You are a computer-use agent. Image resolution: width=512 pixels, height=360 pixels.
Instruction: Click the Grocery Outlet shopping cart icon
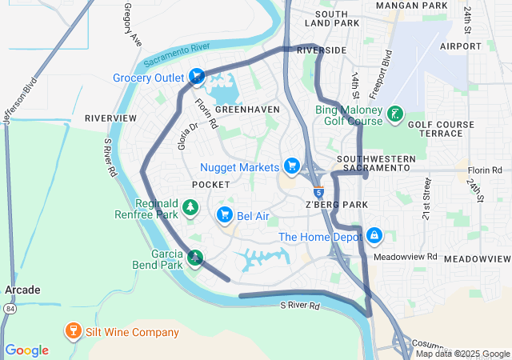pos(197,78)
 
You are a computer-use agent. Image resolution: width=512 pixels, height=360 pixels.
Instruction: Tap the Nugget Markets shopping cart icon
pos(293,166)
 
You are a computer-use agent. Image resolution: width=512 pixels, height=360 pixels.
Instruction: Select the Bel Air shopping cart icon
pos(225,215)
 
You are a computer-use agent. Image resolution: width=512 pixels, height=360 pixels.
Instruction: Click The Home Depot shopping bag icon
pos(374,237)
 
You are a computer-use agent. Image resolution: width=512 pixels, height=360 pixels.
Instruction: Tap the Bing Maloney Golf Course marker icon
pos(394,115)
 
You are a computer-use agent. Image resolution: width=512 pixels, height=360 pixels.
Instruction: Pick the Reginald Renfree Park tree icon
pos(190,209)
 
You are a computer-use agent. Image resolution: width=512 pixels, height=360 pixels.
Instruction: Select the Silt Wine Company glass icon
pos(73,332)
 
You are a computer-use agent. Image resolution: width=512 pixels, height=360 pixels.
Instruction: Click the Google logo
pos(26,350)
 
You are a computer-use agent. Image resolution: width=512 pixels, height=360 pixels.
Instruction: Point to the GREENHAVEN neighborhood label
pos(247,109)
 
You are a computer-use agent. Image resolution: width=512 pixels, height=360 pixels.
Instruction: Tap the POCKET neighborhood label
pos(211,185)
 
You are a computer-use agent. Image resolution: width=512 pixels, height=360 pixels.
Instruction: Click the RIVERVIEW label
pos(110,118)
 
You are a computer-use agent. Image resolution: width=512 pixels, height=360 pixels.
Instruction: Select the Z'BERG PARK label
pos(336,205)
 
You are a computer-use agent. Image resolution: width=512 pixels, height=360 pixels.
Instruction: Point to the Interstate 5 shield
pos(318,193)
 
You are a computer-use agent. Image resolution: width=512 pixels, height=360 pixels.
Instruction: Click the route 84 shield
pos(9,308)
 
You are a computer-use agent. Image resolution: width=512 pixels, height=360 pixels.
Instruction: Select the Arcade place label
pos(22,290)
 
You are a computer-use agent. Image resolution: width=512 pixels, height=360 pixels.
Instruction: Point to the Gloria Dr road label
pos(187,135)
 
